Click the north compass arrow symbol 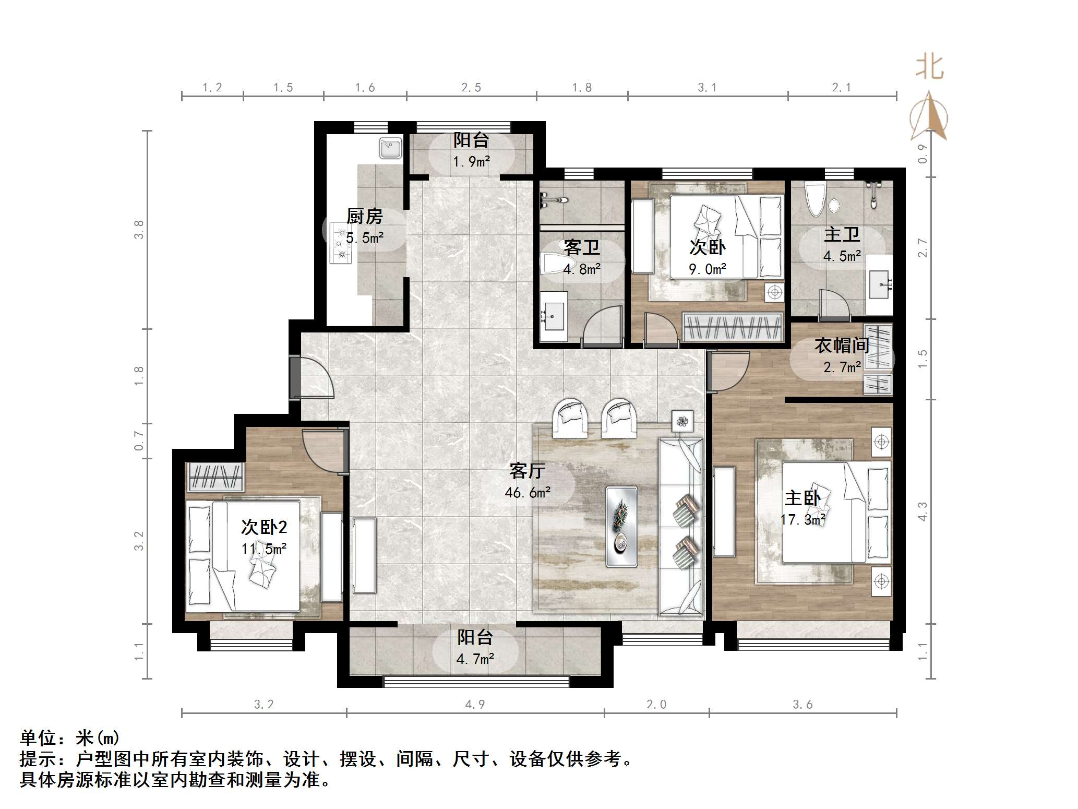(928, 117)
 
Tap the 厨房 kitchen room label (365, 216)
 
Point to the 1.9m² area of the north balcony (471, 161)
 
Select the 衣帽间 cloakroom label (842, 345)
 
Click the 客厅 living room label (528, 471)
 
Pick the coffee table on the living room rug (621, 526)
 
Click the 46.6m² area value (528, 492)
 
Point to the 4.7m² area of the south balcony (475, 659)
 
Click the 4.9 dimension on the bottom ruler (475, 704)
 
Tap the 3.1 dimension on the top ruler (707, 88)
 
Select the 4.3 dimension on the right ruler (923, 511)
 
